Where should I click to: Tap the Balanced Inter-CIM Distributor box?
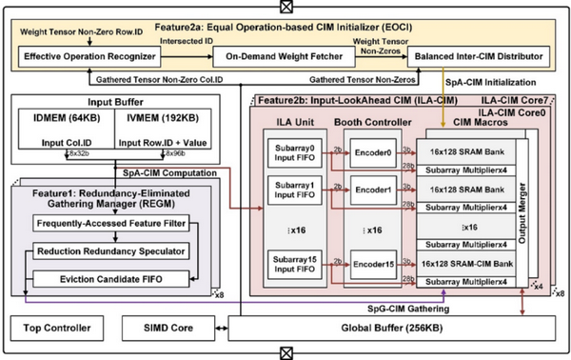tap(477, 57)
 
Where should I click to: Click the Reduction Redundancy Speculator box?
tap(112, 250)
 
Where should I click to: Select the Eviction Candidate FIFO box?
tap(112, 278)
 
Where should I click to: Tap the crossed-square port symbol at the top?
tap(285, 9)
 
